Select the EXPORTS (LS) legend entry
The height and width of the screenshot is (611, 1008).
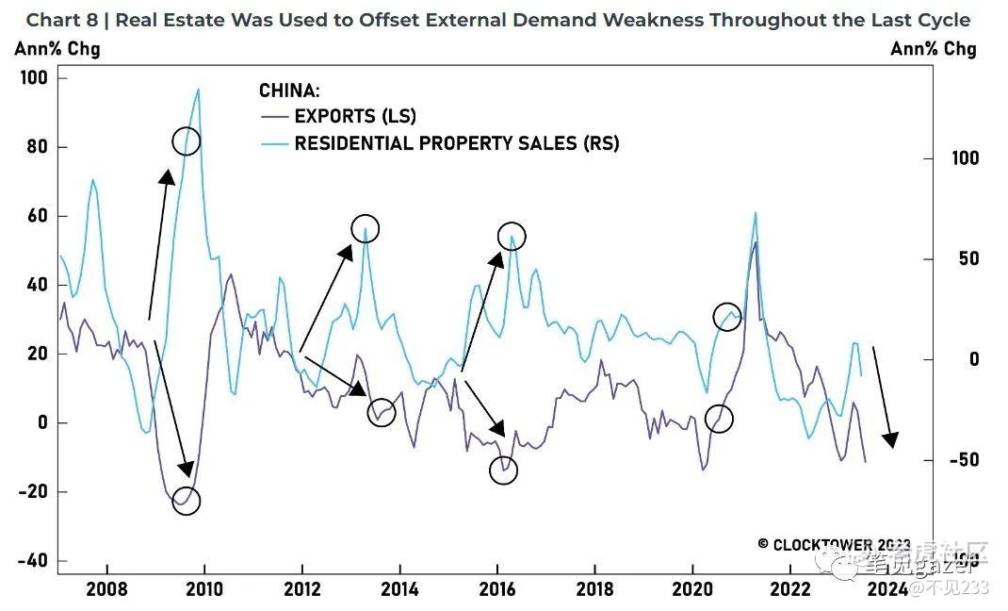point(354,117)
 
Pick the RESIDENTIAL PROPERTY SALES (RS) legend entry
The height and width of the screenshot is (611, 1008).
point(456,143)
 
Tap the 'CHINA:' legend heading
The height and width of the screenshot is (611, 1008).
point(289,91)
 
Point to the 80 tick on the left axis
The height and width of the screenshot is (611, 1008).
point(34,147)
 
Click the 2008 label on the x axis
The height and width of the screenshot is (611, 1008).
point(106,589)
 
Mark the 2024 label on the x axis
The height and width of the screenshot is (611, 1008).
point(887,589)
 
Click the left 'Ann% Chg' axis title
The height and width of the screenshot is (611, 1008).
point(57,49)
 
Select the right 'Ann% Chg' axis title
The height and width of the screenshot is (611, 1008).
point(933,49)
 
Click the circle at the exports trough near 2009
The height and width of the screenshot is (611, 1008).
point(187,501)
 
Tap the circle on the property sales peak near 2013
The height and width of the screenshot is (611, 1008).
point(365,228)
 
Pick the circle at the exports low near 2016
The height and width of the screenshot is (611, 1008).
point(504,471)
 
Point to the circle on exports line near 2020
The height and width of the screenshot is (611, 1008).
point(719,419)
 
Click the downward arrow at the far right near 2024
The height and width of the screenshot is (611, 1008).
point(883,396)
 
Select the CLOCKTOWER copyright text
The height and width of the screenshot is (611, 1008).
point(834,545)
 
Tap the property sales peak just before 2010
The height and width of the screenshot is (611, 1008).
point(198,90)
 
